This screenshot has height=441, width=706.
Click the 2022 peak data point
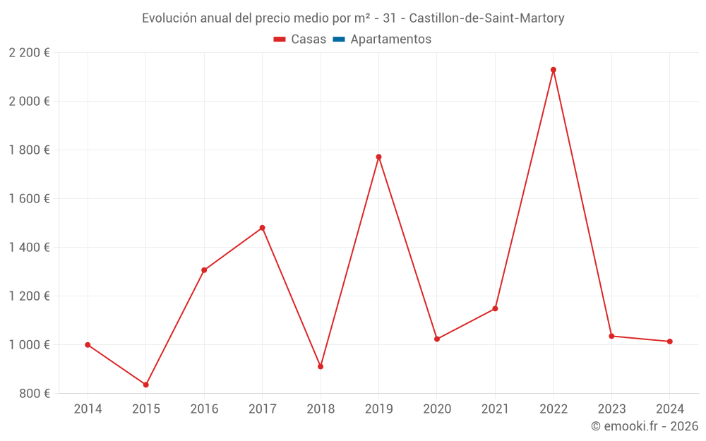554,70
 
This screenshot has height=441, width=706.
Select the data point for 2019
378,157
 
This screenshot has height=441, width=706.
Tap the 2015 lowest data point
146,385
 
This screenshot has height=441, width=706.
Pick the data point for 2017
262,228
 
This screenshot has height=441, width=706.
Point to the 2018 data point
321,366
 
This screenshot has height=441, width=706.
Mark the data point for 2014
88,345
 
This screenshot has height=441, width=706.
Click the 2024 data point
670,342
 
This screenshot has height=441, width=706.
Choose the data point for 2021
495,308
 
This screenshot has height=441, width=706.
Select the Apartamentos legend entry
390,40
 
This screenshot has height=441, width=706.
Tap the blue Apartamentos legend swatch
338,40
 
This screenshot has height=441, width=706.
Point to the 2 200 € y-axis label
30,52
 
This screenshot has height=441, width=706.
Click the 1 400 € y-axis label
30,247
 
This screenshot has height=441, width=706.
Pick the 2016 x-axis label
204,409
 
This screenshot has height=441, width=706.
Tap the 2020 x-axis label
437,409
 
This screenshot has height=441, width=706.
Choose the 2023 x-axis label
611,409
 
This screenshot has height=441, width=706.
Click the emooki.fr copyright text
645,426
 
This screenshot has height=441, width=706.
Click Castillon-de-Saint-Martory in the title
486,18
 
